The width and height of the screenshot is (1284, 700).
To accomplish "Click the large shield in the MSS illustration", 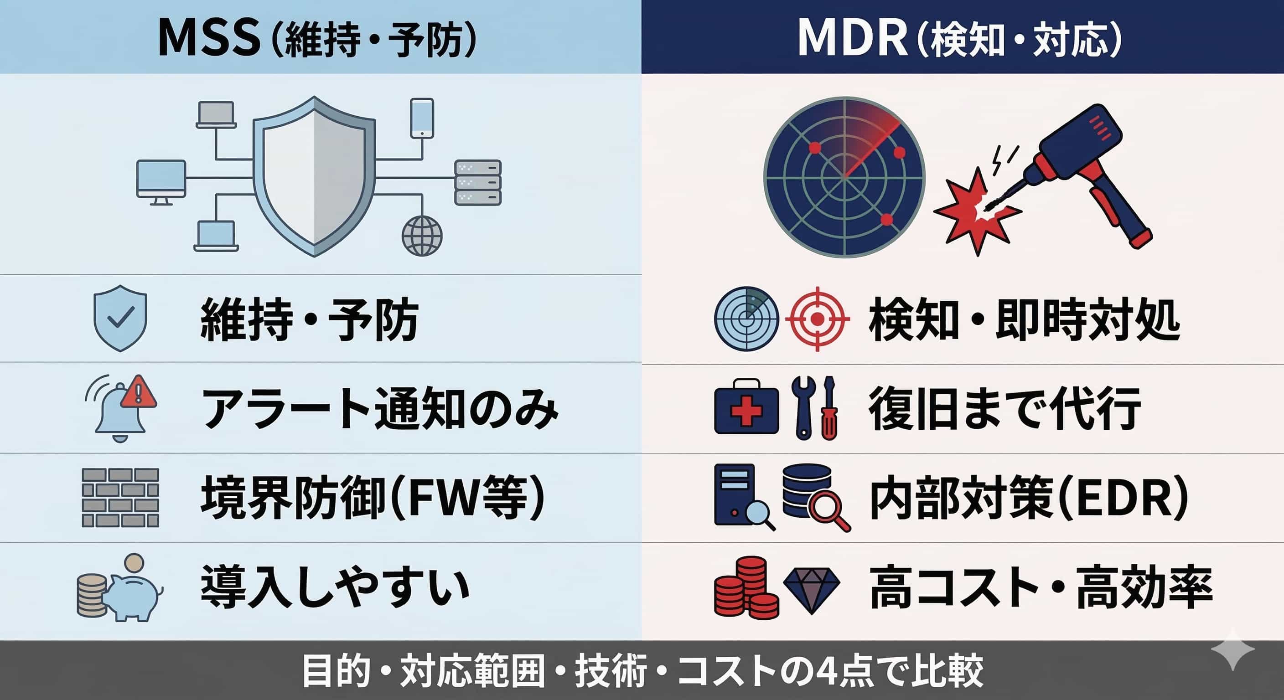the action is tap(314, 176).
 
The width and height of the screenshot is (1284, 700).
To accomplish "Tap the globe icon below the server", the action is tap(422, 236).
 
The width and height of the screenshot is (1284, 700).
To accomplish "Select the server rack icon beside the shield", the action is tap(478, 182).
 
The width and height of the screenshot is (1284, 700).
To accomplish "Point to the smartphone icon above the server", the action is tap(422, 118).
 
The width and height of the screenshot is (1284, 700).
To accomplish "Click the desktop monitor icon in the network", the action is tap(161, 182).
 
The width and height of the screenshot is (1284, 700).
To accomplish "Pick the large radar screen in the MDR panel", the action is tap(844, 177).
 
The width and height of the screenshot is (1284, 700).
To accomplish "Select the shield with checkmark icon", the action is tap(120, 318).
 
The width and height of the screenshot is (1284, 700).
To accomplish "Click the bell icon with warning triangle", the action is tap(121, 408).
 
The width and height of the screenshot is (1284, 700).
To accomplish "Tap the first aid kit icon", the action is tap(746, 406).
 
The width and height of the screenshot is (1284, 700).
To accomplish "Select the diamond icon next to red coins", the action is tap(812, 591).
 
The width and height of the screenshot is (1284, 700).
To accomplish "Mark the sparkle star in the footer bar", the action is tap(1232, 649).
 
